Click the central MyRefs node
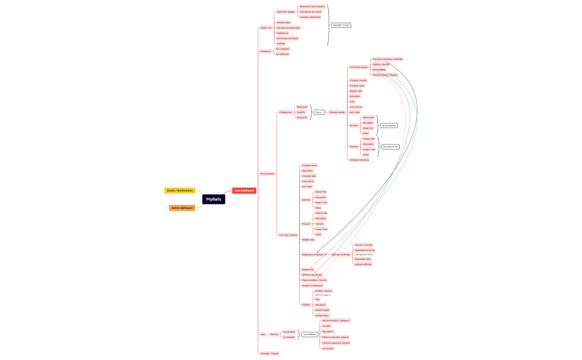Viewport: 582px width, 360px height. click(213, 199)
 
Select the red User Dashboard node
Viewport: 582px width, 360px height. click(244, 191)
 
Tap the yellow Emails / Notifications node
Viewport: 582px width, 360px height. click(180, 191)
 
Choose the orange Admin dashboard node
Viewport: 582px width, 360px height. click(182, 208)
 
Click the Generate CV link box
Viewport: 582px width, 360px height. click(341, 25)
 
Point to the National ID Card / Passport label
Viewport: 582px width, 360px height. click(312, 7)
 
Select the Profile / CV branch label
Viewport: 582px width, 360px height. click(266, 28)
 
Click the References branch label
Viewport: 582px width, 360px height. click(266, 52)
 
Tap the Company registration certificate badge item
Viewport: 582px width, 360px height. click(387, 59)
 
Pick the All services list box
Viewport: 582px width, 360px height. click(389, 126)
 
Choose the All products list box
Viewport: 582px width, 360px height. click(390, 147)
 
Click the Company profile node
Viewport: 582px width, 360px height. click(337, 112)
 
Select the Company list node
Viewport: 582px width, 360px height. click(285, 112)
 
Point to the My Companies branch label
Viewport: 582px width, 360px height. click(267, 173)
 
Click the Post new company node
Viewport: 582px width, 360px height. click(288, 235)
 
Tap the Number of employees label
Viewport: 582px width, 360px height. click(312, 285)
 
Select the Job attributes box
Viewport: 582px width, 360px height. click(310, 335)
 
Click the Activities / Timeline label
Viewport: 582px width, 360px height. click(270, 353)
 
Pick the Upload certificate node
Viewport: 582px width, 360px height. click(363, 264)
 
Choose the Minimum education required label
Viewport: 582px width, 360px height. click(335, 337)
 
